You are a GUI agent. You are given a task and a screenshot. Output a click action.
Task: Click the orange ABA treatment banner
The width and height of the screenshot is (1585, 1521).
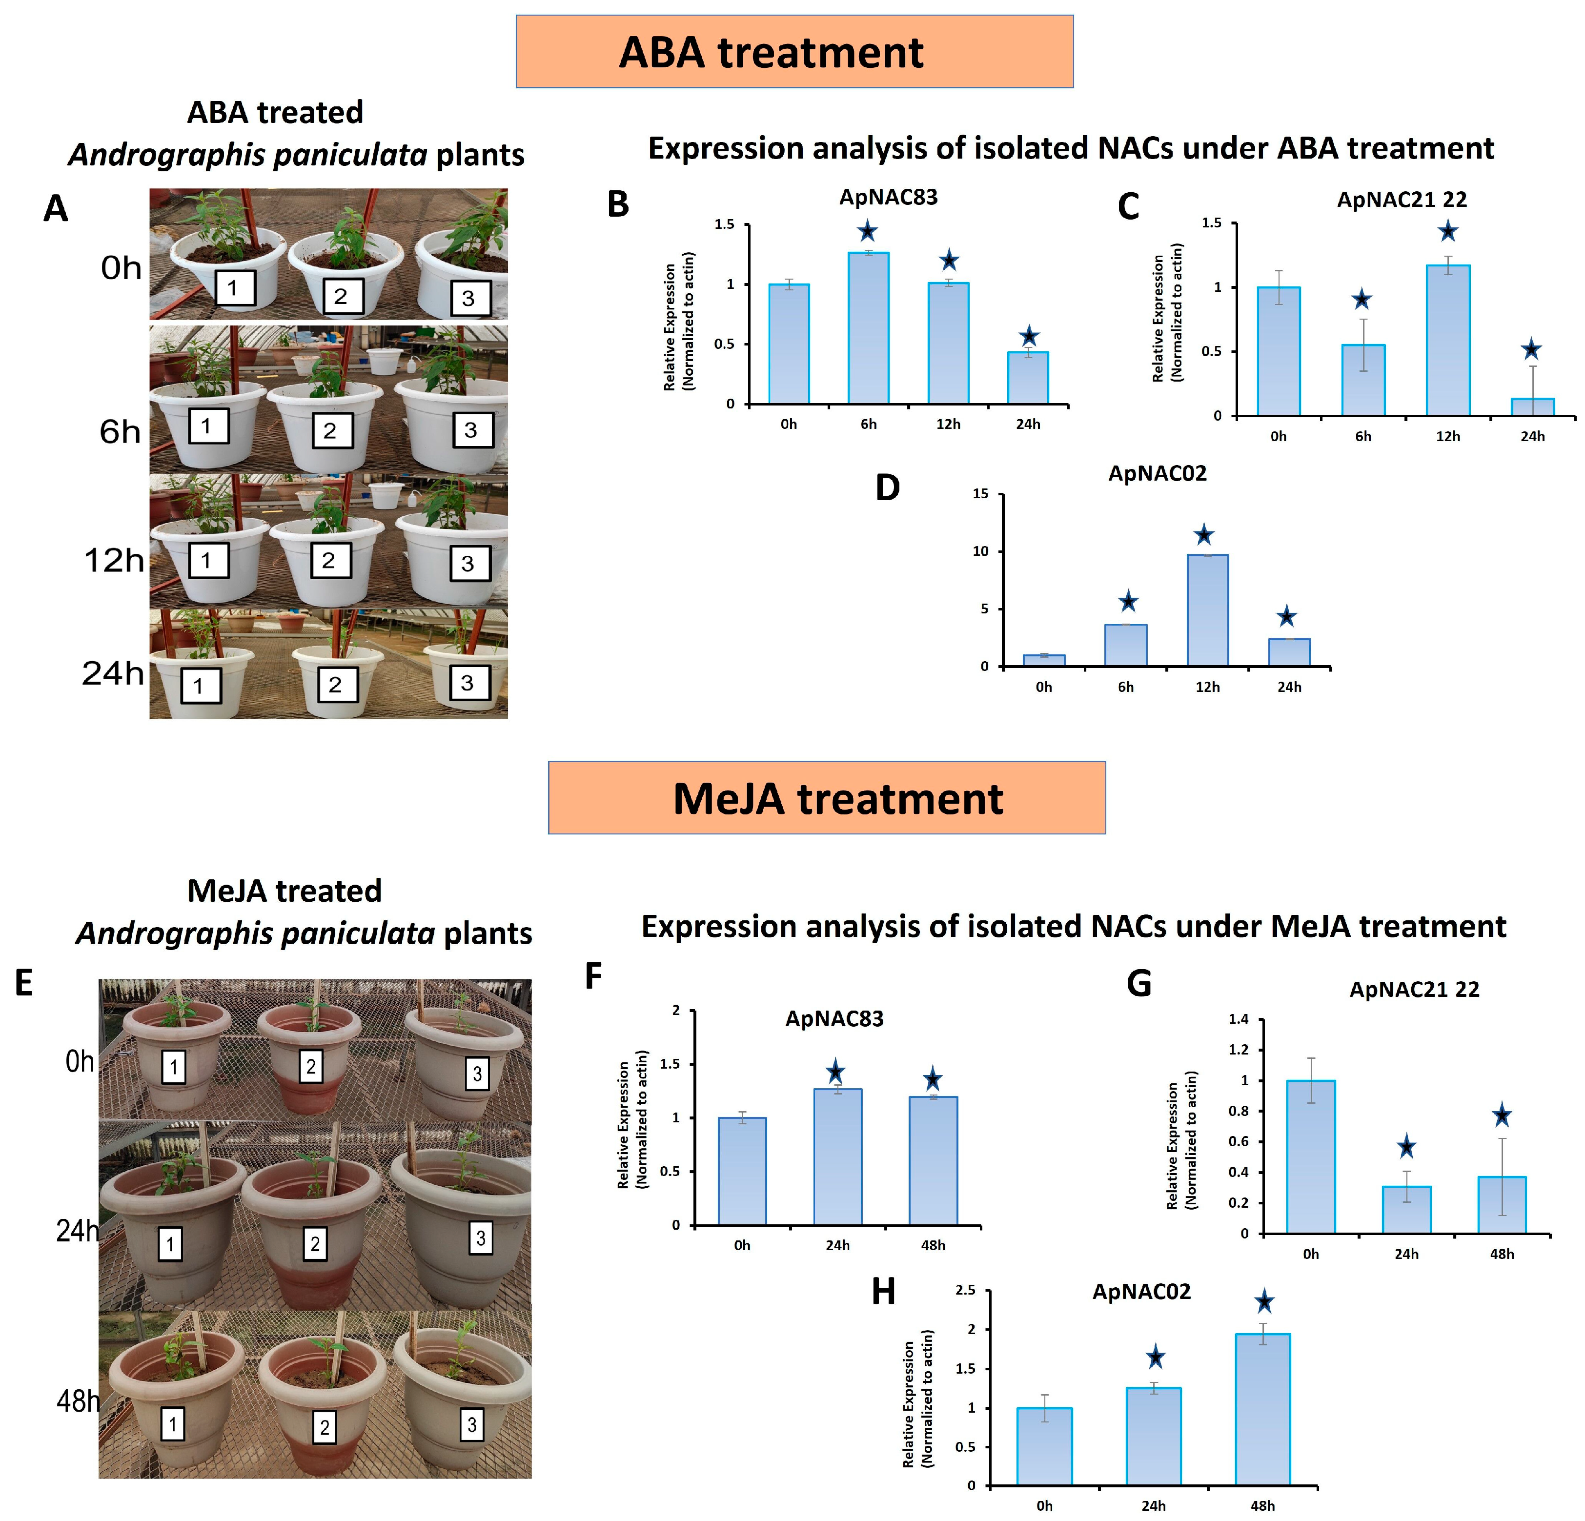[794, 51]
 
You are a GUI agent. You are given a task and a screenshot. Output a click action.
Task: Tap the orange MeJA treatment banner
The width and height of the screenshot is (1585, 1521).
[827, 797]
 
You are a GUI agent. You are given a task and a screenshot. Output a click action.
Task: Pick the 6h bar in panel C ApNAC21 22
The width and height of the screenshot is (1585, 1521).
[1362, 380]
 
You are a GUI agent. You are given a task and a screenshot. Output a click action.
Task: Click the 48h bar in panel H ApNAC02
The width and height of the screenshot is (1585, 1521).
[1262, 1409]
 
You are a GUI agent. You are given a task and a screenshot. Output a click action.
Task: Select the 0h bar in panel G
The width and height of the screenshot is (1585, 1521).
[1310, 1156]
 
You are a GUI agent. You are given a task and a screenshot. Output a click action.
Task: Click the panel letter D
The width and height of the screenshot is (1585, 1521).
[887, 487]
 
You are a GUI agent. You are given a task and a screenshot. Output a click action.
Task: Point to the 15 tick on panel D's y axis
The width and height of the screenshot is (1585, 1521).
[980, 494]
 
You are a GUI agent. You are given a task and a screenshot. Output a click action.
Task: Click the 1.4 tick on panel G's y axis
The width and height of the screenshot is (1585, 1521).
[1238, 1019]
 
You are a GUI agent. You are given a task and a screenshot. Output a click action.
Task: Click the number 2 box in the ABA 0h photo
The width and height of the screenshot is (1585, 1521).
[341, 296]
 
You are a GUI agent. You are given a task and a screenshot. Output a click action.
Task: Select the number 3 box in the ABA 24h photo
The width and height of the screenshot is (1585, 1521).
[467, 683]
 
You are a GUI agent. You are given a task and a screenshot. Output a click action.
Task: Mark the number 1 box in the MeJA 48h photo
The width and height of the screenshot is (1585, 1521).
[172, 1424]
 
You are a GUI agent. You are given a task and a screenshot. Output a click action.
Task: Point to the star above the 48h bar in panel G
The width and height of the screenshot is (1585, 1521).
[1502, 1116]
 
